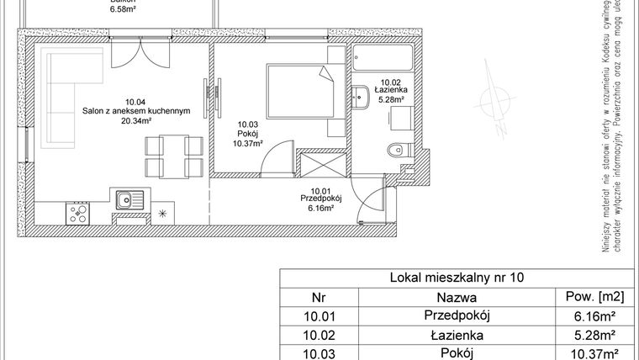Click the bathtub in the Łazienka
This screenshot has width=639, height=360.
[383, 58]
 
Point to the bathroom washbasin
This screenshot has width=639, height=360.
[362, 97]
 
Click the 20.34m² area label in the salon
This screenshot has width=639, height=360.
[134, 120]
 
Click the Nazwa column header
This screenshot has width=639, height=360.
[457, 296]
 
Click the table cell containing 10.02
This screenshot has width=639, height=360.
[318, 334]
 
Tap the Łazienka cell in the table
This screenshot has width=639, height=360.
[457, 334]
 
